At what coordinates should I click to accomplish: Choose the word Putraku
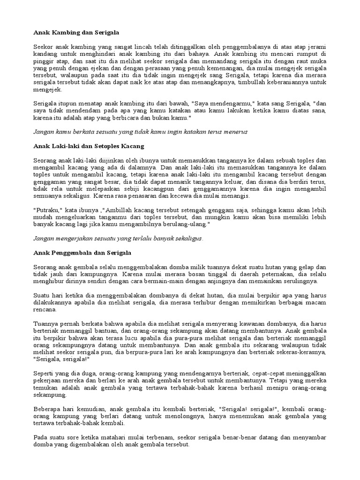[x=48, y=210]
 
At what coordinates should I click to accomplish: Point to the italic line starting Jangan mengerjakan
[x=119, y=238]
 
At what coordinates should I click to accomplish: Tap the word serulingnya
[x=300, y=281]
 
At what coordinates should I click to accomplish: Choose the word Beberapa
[x=49, y=409]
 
